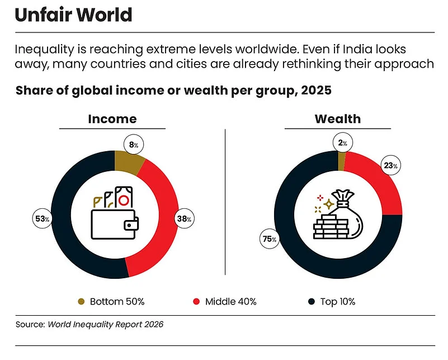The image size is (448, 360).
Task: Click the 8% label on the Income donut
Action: point(135,145)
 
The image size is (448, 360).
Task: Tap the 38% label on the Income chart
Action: point(185,219)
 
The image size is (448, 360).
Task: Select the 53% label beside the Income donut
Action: point(40,219)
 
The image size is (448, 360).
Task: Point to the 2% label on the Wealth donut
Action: point(342,143)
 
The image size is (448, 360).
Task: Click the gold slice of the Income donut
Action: point(128,162)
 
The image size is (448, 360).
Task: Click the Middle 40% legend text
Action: point(230,302)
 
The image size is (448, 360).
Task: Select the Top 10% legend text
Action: point(337,302)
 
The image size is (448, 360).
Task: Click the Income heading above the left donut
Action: point(112,119)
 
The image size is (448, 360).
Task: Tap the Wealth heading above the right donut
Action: point(337,119)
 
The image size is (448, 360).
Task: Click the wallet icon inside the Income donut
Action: point(114,219)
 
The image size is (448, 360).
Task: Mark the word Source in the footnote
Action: point(29,324)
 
